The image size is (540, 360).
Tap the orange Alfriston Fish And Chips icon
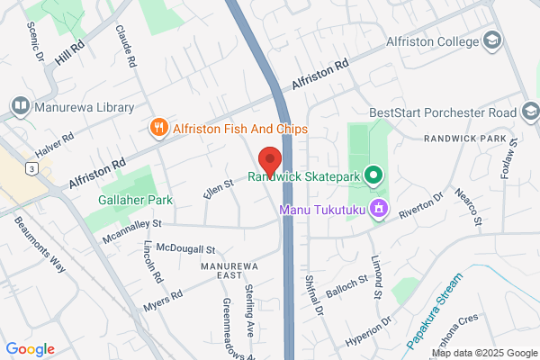(159, 129)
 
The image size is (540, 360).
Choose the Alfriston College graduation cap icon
(491, 40)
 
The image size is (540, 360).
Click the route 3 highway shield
(32, 167)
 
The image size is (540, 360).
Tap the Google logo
(31, 349)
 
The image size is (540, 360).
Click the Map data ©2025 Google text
(482, 351)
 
